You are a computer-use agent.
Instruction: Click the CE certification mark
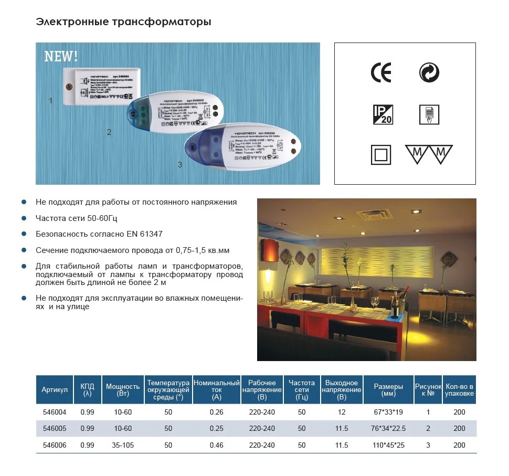click(x=381, y=73)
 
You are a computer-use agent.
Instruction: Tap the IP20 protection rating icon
click(x=383, y=114)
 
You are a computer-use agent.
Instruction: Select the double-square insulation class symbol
click(x=381, y=155)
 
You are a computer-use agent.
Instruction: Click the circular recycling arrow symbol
click(x=429, y=73)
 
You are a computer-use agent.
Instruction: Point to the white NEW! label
click(x=61, y=56)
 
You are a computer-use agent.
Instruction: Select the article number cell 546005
click(x=55, y=429)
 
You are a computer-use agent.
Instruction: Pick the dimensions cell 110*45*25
click(x=388, y=446)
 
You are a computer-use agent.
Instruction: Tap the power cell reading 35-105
click(x=123, y=446)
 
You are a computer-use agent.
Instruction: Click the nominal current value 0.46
click(x=216, y=446)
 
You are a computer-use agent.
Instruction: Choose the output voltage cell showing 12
click(x=342, y=412)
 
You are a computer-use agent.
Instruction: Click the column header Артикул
click(x=55, y=390)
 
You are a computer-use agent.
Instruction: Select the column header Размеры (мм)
click(x=388, y=390)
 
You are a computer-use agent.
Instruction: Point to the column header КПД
click(x=87, y=390)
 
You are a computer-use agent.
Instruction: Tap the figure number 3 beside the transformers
click(x=180, y=165)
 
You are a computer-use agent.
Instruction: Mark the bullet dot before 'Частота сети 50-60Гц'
click(x=24, y=218)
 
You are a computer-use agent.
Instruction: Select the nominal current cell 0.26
click(x=216, y=412)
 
